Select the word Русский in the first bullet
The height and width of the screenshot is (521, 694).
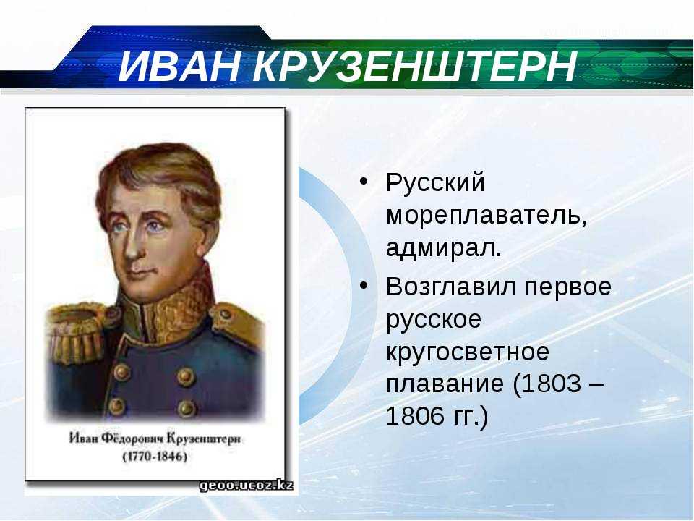click(x=435, y=182)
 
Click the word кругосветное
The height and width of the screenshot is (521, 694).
click(x=468, y=352)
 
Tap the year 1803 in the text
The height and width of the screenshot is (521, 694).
click(x=553, y=384)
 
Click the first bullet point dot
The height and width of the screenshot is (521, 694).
click(x=364, y=182)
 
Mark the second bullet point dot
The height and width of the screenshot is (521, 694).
click(x=364, y=286)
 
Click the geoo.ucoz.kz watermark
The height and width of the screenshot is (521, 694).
click(x=246, y=485)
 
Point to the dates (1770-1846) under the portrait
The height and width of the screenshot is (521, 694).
click(x=155, y=457)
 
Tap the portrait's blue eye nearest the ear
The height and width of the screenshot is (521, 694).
click(x=154, y=227)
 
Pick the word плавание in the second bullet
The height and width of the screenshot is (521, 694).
click(x=445, y=384)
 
